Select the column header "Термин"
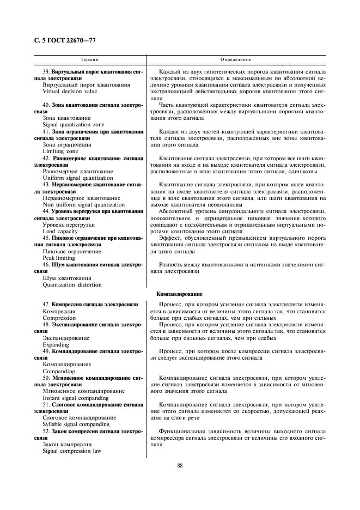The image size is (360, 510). click(89, 59)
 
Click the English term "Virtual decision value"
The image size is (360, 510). click(70, 92)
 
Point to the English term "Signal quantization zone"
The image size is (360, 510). click(73, 125)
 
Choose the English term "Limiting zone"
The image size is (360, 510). click(60, 151)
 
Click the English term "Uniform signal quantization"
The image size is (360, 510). click(77, 178)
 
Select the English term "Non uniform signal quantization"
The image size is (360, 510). click(83, 204)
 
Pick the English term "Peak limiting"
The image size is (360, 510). click(59, 258)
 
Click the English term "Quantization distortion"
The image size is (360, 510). click(72, 284)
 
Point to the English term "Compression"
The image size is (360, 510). click(59, 317)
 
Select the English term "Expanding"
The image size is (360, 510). click(56, 344)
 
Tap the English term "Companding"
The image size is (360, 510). click(59, 371)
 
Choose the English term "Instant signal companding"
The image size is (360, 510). click(75, 397)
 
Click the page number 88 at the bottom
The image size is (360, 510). click(180, 465)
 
